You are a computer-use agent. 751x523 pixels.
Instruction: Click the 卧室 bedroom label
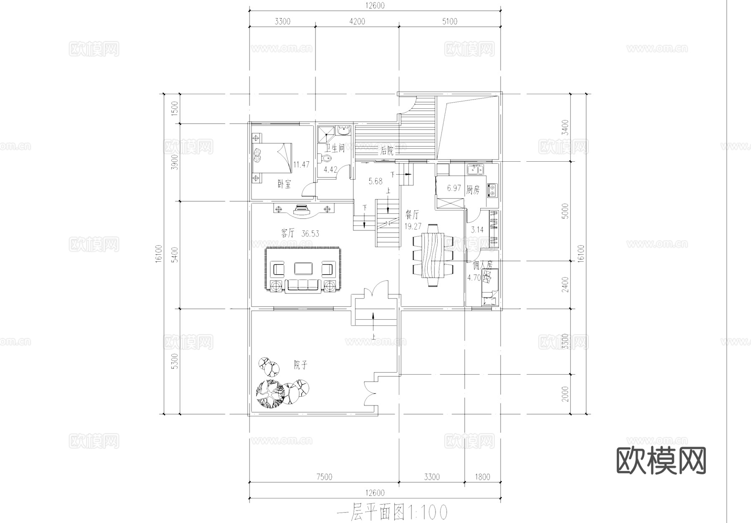(284, 184)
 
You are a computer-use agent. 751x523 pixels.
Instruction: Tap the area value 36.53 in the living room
(310, 234)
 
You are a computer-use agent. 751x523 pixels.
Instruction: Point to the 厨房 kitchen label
(473, 190)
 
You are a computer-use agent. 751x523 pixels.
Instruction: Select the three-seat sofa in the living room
(302, 285)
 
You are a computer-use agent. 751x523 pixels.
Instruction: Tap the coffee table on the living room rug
(303, 268)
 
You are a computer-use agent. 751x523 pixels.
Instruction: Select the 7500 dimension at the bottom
(324, 477)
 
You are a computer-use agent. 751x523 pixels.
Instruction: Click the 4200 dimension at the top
(357, 22)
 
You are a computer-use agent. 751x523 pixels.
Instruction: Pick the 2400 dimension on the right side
(565, 284)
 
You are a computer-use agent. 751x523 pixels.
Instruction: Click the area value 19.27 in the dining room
(413, 226)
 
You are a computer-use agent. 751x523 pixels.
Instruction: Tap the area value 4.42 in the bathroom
(330, 169)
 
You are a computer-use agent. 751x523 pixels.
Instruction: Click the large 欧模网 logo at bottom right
(661, 460)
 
